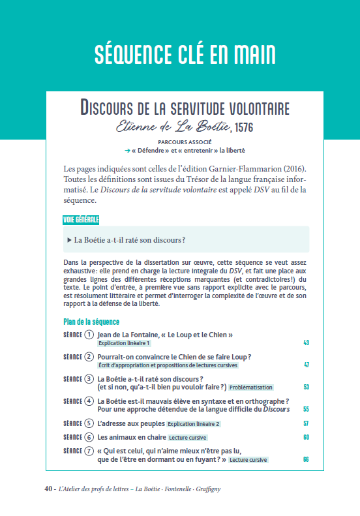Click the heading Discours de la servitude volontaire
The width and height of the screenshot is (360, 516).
click(x=185, y=108)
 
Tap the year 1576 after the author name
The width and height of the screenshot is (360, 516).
click(x=243, y=127)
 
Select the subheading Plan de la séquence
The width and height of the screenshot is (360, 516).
click(x=91, y=322)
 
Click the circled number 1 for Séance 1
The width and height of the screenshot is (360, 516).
click(x=89, y=335)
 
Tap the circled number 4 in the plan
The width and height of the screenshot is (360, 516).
click(x=89, y=401)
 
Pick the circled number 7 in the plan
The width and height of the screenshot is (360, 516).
click(x=89, y=451)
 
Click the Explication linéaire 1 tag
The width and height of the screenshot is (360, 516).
click(x=124, y=343)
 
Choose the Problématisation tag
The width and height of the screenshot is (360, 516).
click(x=250, y=387)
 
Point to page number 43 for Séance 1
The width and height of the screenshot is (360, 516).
click(x=306, y=343)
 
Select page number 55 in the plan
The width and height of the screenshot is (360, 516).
click(x=306, y=410)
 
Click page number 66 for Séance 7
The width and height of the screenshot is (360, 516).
click(x=306, y=460)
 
